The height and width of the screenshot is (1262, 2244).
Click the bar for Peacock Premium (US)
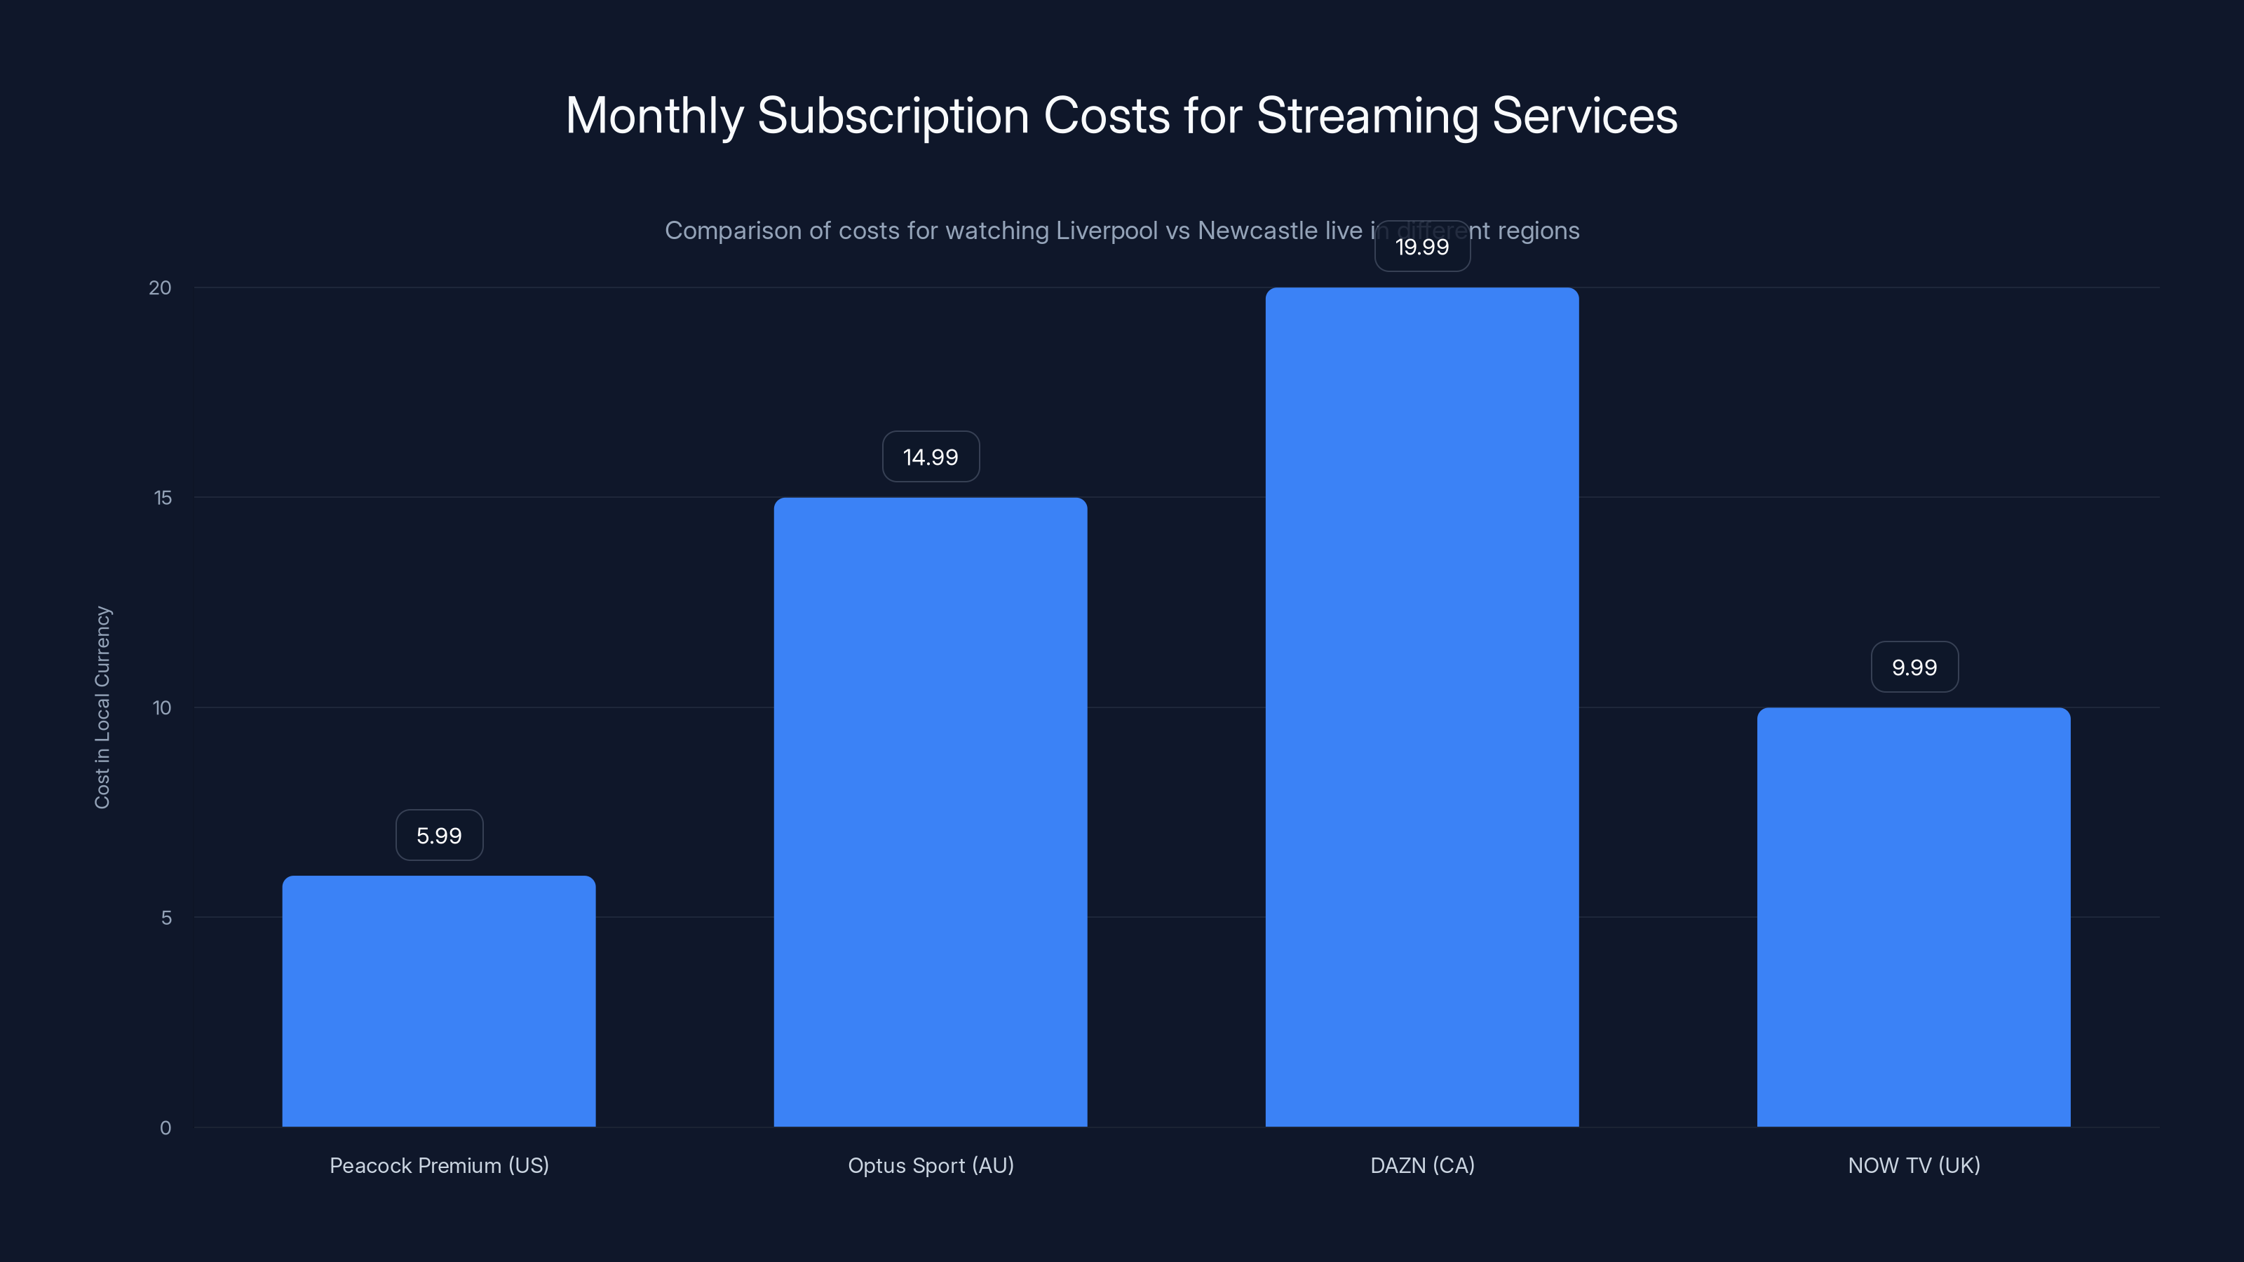tap(439, 1002)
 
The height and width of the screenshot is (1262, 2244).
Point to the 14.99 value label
tap(931, 457)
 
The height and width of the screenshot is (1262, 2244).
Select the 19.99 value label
tap(1421, 247)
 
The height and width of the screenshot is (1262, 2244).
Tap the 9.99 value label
tap(1914, 668)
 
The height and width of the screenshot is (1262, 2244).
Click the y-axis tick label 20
tap(161, 288)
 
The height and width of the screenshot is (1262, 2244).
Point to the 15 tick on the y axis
tap(163, 498)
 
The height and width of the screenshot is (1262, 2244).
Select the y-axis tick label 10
tap(162, 708)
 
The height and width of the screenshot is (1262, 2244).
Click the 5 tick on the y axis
tap(166, 918)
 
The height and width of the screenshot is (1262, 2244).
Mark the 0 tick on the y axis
tap(165, 1129)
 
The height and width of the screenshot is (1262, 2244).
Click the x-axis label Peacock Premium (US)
tap(439, 1166)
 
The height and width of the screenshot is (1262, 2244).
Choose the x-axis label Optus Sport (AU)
tap(931, 1166)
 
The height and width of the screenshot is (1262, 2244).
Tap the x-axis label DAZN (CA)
tap(1421, 1166)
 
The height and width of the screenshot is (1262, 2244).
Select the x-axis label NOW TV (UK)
tap(1914, 1166)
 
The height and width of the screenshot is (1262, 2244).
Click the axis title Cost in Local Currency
tap(103, 707)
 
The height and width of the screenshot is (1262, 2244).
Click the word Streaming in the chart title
tap(1367, 116)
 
